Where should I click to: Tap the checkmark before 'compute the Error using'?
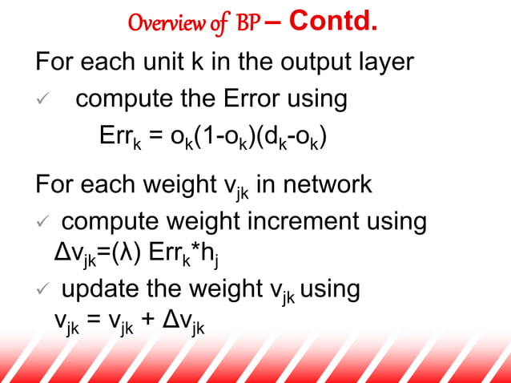click(x=46, y=99)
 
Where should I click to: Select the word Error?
click(x=249, y=99)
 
